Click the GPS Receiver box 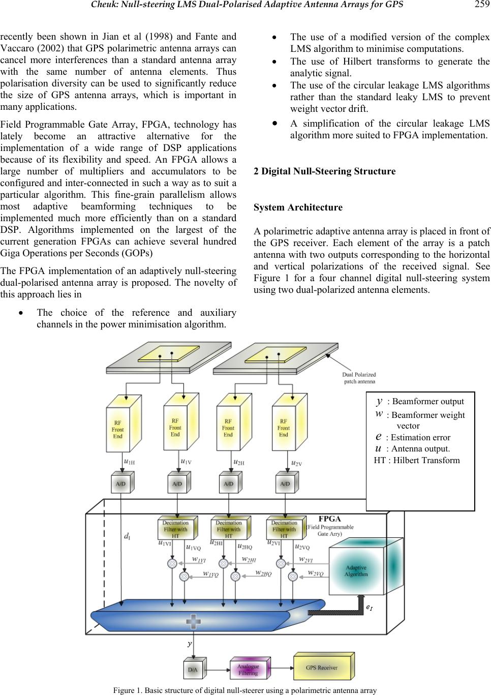[x=321, y=667]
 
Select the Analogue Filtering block [x=248, y=670]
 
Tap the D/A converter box [x=193, y=670]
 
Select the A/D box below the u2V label [x=285, y=484]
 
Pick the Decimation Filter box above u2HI [x=229, y=529]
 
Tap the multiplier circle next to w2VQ [x=293, y=576]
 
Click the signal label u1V [x=186, y=462]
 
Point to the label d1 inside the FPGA [x=126, y=535]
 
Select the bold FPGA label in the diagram [x=329, y=519]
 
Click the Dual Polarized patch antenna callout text [x=359, y=378]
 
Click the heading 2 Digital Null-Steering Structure [x=324, y=171]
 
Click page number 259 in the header [x=481, y=5]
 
